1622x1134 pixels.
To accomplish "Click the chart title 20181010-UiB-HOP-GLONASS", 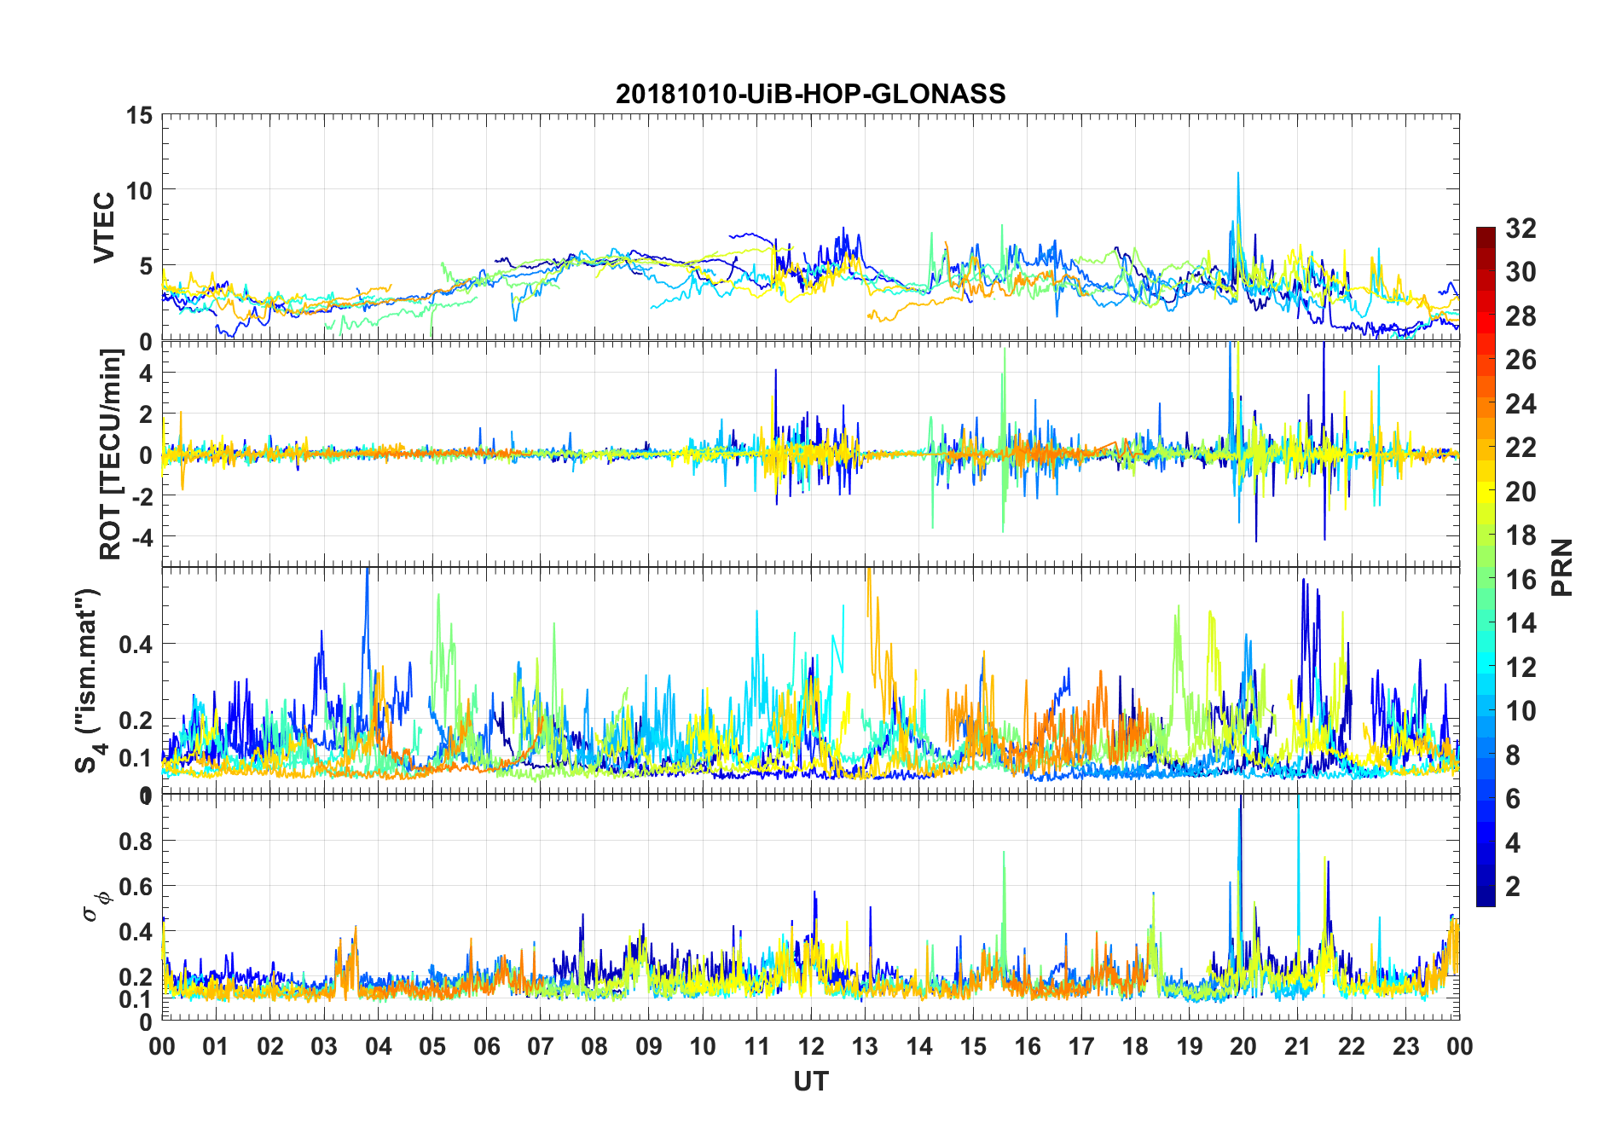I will tap(810, 94).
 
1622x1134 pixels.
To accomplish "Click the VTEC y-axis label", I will tap(104, 228).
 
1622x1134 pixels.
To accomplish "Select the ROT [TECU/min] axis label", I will tap(111, 454).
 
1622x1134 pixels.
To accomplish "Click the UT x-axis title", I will tap(810, 1082).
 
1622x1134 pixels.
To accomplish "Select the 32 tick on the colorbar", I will tap(1521, 229).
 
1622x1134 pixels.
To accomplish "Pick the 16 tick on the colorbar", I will tap(1521, 580).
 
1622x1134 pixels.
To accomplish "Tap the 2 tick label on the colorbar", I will tap(1513, 887).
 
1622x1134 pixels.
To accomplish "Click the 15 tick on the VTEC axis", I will tap(140, 115).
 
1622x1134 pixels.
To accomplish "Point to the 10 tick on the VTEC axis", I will tap(140, 190).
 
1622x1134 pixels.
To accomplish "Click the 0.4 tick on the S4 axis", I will tap(135, 644).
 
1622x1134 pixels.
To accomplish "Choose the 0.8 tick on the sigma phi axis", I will tap(135, 842).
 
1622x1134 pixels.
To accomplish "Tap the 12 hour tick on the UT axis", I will tap(811, 1046).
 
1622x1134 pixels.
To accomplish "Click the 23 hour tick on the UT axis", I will tap(1405, 1046).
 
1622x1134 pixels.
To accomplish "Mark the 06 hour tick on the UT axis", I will tap(486, 1046).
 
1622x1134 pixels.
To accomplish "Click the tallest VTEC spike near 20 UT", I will tap(1237, 174).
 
